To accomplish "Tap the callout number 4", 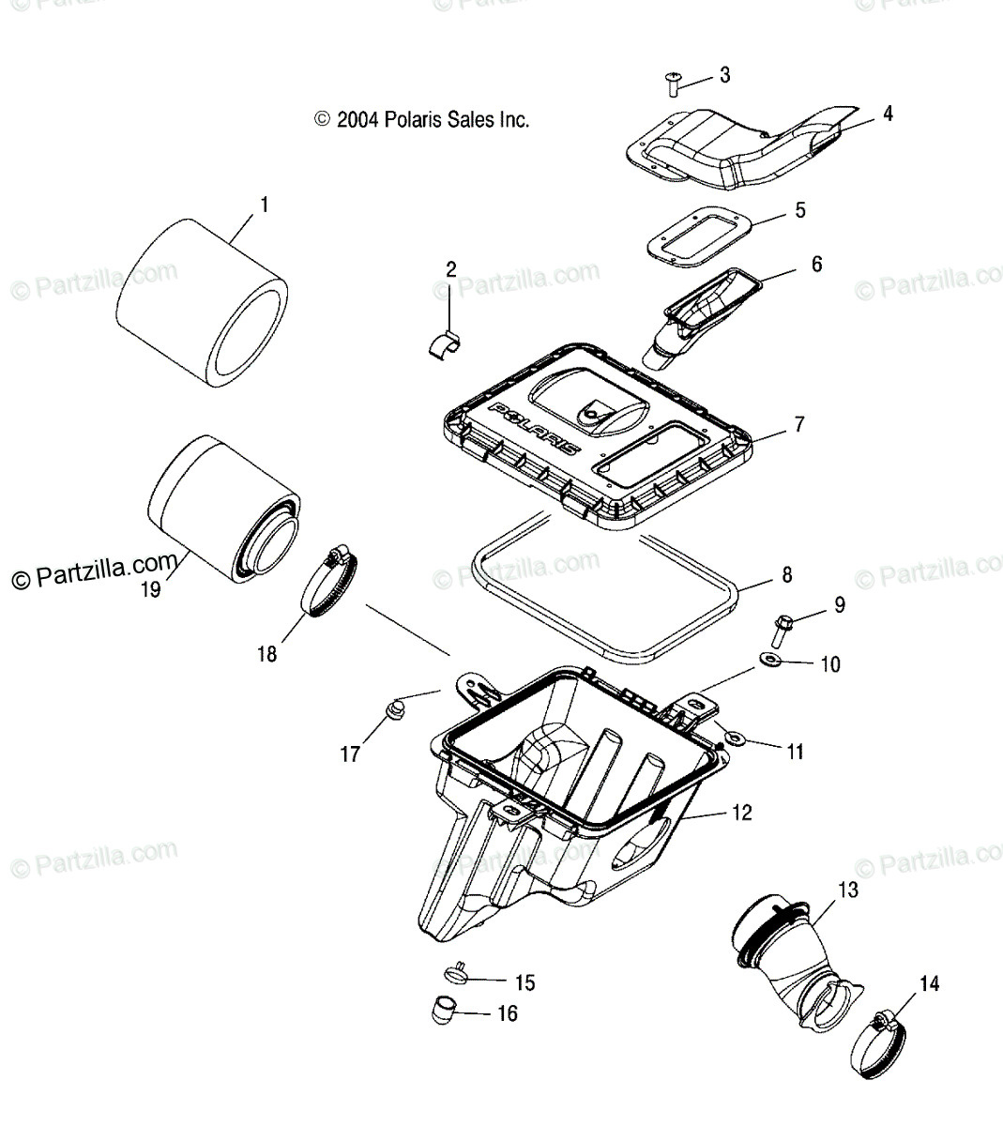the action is [887, 114].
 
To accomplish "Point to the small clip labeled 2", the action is [448, 344].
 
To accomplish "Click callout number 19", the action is [150, 590].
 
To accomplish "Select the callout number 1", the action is [264, 204].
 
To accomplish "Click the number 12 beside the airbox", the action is [741, 813].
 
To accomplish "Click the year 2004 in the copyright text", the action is [357, 120].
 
